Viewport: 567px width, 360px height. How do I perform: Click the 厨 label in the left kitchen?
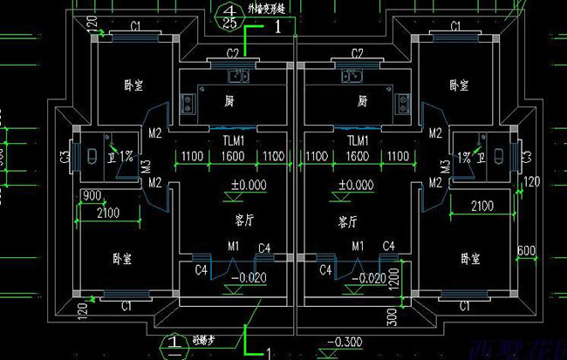coord(229,101)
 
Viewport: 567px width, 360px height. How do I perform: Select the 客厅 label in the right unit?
coord(349,222)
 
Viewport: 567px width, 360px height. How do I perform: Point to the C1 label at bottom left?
coord(126,306)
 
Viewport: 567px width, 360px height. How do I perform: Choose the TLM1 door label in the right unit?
coord(358,139)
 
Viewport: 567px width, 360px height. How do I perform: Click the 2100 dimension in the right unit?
coord(482,207)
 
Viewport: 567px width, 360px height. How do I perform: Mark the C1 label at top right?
coord(455,27)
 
